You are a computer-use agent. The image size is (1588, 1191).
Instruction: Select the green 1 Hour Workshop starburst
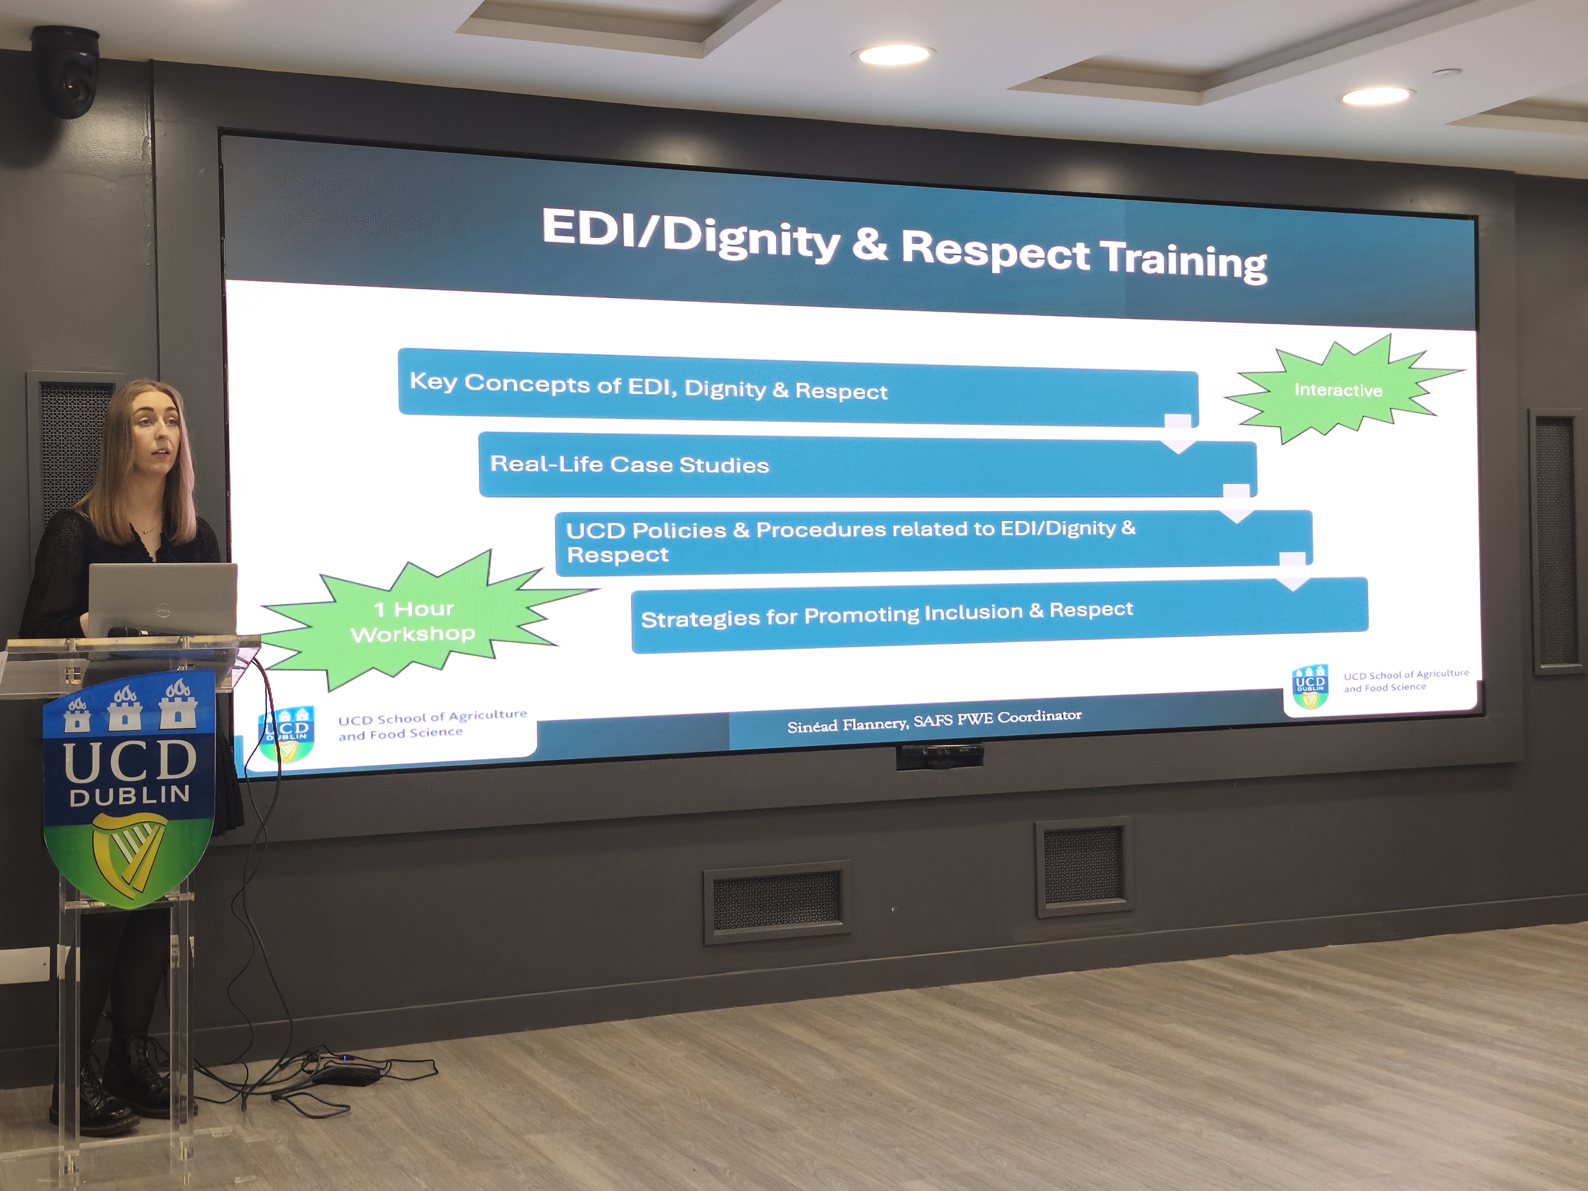423,621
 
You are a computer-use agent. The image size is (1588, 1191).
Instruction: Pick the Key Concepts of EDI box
798,388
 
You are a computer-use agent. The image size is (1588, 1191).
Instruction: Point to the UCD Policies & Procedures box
933,542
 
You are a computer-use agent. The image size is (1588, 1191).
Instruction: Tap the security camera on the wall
66,72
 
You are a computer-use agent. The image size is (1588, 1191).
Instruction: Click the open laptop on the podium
163,599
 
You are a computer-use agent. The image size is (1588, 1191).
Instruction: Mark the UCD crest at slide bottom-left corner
286,734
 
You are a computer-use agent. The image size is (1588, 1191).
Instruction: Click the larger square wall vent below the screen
1084,867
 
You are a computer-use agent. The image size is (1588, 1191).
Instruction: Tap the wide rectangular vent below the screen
777,901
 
